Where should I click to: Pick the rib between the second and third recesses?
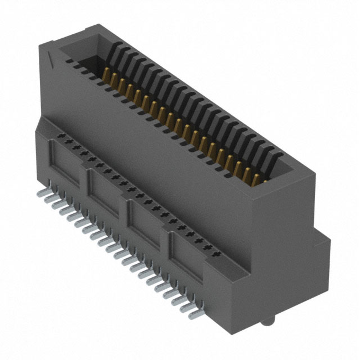point(128,206)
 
